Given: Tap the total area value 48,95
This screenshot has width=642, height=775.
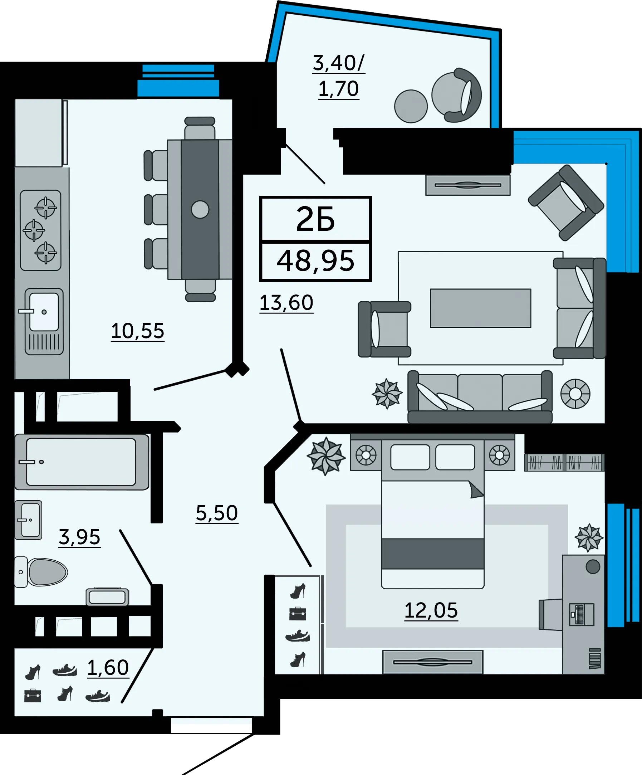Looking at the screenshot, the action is pyautogui.click(x=315, y=261).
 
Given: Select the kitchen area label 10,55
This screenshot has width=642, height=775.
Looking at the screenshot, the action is pyautogui.click(x=138, y=331).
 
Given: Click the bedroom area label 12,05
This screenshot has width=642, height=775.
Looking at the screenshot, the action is pyautogui.click(x=431, y=610).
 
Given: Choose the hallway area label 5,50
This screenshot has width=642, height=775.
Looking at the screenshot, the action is pyautogui.click(x=217, y=513).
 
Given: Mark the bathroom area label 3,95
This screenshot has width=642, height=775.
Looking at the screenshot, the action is pyautogui.click(x=79, y=537).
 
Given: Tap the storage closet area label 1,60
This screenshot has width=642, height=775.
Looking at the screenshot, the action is pyautogui.click(x=108, y=668).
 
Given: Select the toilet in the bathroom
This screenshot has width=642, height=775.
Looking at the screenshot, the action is pyautogui.click(x=41, y=572).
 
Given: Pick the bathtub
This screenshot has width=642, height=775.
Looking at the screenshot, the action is pyautogui.click(x=82, y=462).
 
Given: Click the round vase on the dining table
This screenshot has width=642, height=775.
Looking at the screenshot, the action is pyautogui.click(x=200, y=210).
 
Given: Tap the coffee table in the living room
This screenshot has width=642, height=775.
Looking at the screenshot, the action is pyautogui.click(x=480, y=308).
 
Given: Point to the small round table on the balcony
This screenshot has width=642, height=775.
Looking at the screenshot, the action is pyautogui.click(x=411, y=106).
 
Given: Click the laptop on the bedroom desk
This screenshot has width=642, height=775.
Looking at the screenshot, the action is pyautogui.click(x=582, y=614).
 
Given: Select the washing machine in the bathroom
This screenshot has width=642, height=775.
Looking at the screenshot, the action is pyautogui.click(x=107, y=597).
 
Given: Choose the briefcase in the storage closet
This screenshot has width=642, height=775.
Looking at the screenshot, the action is pyautogui.click(x=33, y=695).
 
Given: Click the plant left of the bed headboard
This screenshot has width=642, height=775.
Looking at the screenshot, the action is pyautogui.click(x=326, y=456).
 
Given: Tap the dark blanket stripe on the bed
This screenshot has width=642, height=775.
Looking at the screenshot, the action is pyautogui.click(x=432, y=554).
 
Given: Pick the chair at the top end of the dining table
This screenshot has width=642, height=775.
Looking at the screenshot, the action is pyautogui.click(x=200, y=128).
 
